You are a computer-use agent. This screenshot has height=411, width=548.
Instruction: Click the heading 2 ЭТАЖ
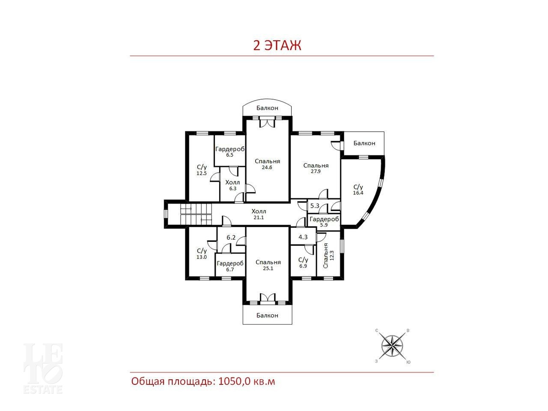(277, 46)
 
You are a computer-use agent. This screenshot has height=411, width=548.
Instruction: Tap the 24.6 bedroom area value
(267, 167)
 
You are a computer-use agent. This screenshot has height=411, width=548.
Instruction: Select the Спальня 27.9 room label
(316, 168)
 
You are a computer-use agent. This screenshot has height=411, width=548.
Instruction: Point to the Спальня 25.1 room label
(268, 265)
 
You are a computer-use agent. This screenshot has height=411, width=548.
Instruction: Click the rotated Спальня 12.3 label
(328, 256)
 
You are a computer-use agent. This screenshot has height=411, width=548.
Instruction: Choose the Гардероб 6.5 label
(230, 152)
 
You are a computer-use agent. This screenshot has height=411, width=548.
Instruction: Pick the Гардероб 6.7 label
(230, 266)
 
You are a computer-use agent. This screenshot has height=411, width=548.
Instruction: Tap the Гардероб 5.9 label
(324, 222)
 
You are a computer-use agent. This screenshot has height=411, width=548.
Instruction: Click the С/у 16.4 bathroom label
(358, 190)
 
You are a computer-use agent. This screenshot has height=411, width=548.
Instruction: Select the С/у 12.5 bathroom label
(202, 170)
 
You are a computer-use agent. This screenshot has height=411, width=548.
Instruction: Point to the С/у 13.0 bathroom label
(202, 253)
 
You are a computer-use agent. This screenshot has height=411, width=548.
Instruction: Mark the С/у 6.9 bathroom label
(303, 263)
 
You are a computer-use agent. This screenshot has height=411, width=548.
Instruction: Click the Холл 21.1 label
(259, 214)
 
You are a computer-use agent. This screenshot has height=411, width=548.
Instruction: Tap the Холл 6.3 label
(232, 185)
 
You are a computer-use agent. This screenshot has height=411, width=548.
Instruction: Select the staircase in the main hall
(196, 214)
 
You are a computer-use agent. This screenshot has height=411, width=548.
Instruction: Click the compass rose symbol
(392, 346)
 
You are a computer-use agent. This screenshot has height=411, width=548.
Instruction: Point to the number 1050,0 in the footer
(234, 381)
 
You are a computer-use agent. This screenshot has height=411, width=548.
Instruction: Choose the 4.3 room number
(303, 237)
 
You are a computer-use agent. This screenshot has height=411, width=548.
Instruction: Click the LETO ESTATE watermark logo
(43, 369)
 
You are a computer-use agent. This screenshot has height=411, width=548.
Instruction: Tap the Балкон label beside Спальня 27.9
(364, 143)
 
